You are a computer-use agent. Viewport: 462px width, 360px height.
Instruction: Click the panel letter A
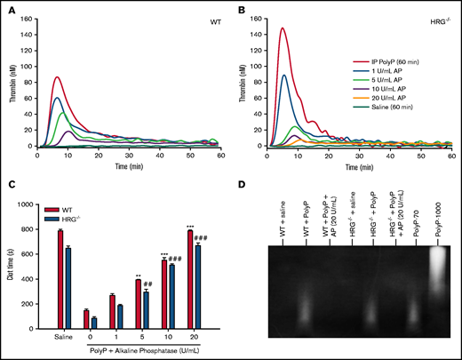[8, 7]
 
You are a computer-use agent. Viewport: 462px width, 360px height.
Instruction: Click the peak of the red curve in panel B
[283, 28]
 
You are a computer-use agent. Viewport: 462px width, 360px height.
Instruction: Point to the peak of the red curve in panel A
[56, 77]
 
